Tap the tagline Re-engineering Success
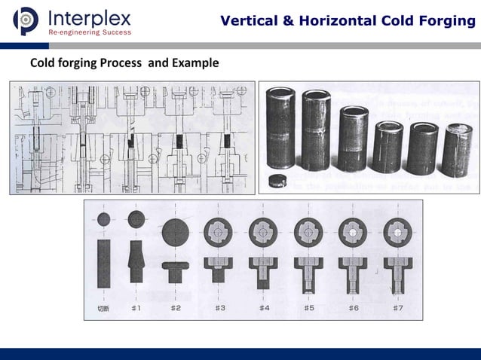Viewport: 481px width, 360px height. pos(89,32)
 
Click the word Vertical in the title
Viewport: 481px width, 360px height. pos(250,20)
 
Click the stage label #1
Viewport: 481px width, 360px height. pos(136,308)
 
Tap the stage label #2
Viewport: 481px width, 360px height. pos(176,308)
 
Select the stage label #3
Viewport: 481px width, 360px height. pos(220,308)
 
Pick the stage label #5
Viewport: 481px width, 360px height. pos(309,308)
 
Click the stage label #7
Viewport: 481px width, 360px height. pos(397,308)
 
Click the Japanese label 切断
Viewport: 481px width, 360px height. pos(103,308)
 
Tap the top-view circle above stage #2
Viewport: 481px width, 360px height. pos(176,232)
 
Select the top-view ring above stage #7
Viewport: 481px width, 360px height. pos(397,232)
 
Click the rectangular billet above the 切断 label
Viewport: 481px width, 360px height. pos(103,264)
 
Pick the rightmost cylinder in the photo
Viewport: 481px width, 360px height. pos(457,149)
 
